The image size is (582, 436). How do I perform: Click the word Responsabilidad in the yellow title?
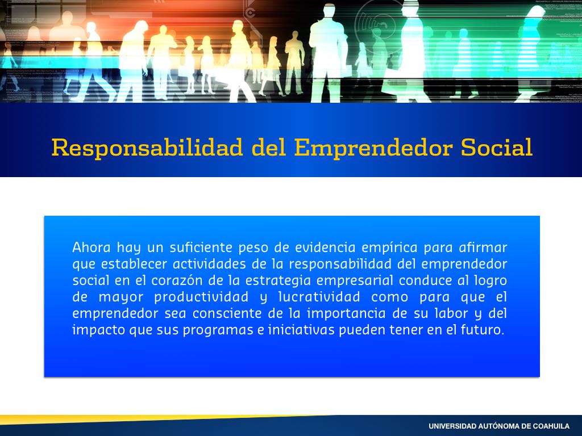click(147, 148)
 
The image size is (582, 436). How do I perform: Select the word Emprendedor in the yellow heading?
click(373, 148)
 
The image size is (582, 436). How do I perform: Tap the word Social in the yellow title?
click(497, 147)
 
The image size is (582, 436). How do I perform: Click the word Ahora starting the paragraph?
click(92, 248)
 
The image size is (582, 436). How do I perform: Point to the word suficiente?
click(201, 248)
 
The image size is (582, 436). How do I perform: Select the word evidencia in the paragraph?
click(325, 248)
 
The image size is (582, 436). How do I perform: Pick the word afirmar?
click(483, 248)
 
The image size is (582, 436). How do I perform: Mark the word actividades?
click(209, 264)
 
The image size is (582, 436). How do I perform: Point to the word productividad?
click(201, 297)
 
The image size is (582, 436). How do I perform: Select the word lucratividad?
click(319, 297)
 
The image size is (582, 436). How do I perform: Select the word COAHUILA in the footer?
click(551, 426)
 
